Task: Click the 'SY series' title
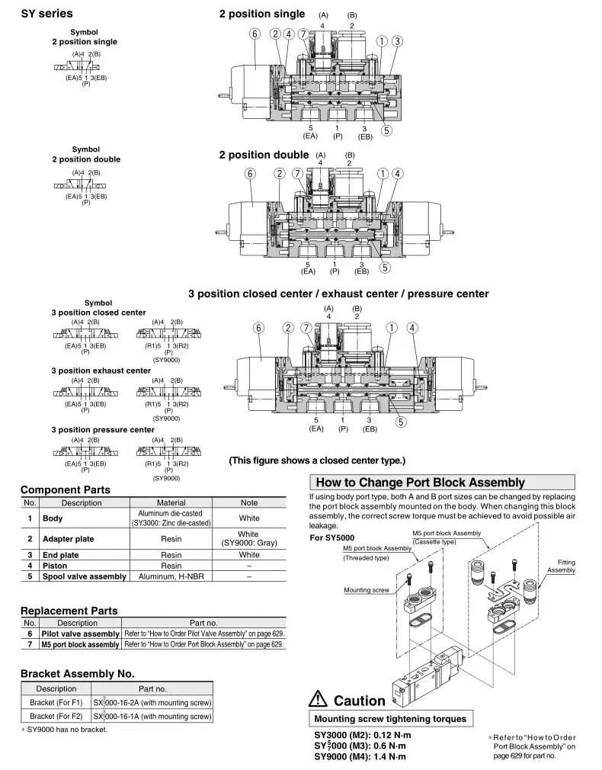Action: coord(47,14)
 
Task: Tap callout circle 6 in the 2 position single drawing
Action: coord(255,34)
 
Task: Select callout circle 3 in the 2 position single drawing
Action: coord(398,41)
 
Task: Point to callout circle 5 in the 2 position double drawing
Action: coord(386,267)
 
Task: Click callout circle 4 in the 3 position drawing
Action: coord(412,328)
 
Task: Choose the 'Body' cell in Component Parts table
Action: coord(53,518)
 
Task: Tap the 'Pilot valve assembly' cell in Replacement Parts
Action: coord(80,634)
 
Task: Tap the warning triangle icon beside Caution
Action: coord(319,699)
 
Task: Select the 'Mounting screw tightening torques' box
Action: coord(389,719)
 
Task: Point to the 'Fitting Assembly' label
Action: coord(561,566)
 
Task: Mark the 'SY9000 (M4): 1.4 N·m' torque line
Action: coord(360,756)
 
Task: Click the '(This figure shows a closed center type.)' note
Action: coord(317,460)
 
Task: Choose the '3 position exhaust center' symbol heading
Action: coord(101,371)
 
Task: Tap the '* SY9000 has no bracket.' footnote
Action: coord(64,730)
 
